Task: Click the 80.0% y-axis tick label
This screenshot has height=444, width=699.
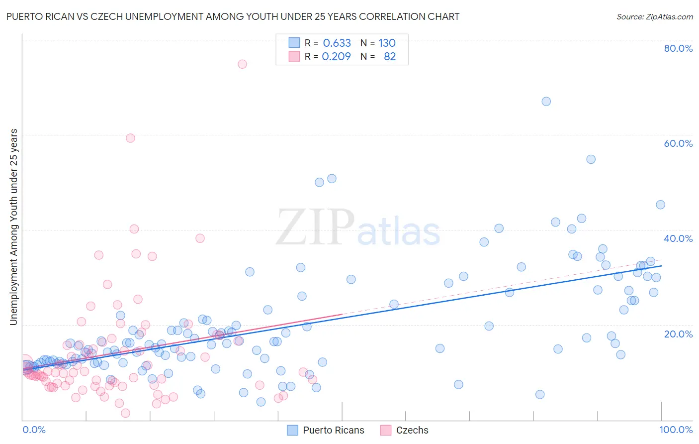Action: pos(678,48)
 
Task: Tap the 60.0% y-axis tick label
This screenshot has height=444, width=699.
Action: pos(678,143)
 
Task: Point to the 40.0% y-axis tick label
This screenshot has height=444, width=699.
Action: pos(678,238)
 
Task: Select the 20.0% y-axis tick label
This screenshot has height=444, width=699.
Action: pos(678,334)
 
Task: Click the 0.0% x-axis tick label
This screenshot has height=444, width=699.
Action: pos(34,430)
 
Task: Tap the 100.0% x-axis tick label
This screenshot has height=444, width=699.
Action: pos(676,430)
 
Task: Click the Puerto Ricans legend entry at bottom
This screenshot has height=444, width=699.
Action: pos(333,430)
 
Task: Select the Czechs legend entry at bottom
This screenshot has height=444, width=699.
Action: pos(412,430)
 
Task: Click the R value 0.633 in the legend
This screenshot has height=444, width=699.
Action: pos(337,43)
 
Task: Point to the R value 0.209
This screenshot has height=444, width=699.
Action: pos(336,57)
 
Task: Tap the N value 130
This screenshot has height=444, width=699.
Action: pos(387,43)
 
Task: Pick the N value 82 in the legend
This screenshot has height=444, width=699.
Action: pos(390,57)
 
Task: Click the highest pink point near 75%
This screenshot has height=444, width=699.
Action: pos(242,64)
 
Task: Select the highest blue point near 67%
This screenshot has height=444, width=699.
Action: pos(546,102)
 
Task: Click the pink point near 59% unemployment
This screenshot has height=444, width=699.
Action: pos(130,138)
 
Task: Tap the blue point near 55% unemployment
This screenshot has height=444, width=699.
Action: pos(591,159)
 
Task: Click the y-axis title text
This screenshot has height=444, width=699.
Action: pos(13,227)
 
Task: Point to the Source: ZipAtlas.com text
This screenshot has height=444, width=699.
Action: pos(654,16)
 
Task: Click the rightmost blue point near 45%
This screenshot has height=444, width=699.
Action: pos(660,205)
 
